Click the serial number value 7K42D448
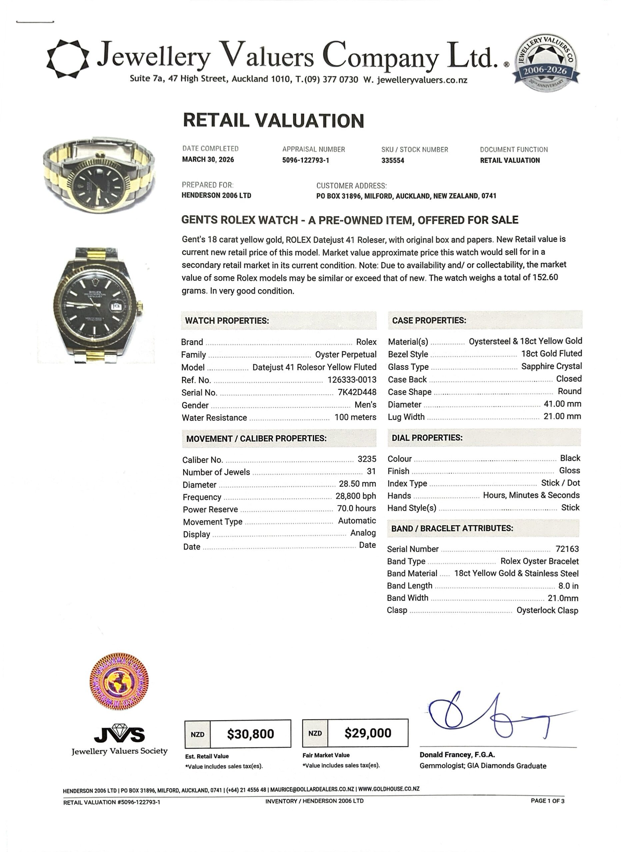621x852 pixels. pos(357,392)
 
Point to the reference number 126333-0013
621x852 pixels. pos(352,380)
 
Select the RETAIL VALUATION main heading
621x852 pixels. pos(273,120)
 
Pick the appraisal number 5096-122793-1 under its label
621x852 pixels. pos(305,160)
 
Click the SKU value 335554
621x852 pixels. pos(393,160)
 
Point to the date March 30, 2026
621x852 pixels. pos(208,160)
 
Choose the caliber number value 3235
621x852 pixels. pos(367,459)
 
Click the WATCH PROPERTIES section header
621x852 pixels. pos(227,321)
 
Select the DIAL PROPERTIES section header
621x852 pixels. pos(427,438)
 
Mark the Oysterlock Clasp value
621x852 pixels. pos(547,610)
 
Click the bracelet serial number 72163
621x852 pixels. pos(567,549)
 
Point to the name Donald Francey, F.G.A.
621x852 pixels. pos(457,755)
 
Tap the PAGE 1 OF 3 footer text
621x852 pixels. pos(547,801)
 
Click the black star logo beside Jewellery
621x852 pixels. pos(68,59)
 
